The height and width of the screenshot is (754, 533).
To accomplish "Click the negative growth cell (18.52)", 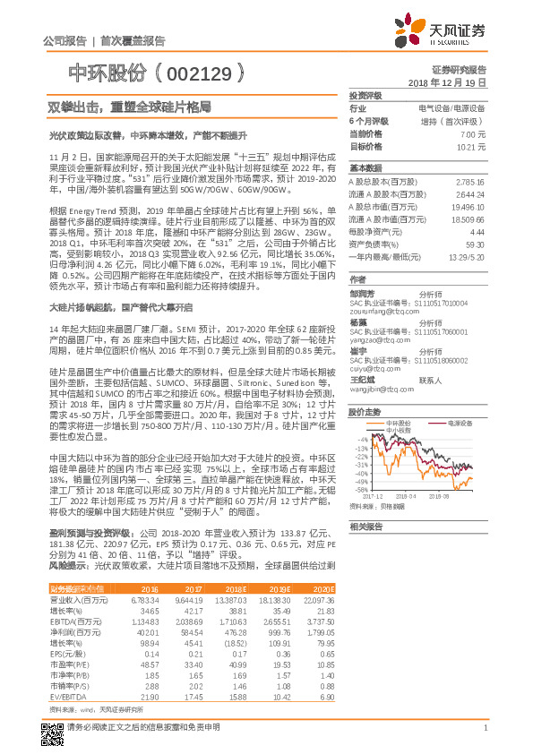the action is coord(234,641).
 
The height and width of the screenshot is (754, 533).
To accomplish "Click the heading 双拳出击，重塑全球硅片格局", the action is coord(130,107).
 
